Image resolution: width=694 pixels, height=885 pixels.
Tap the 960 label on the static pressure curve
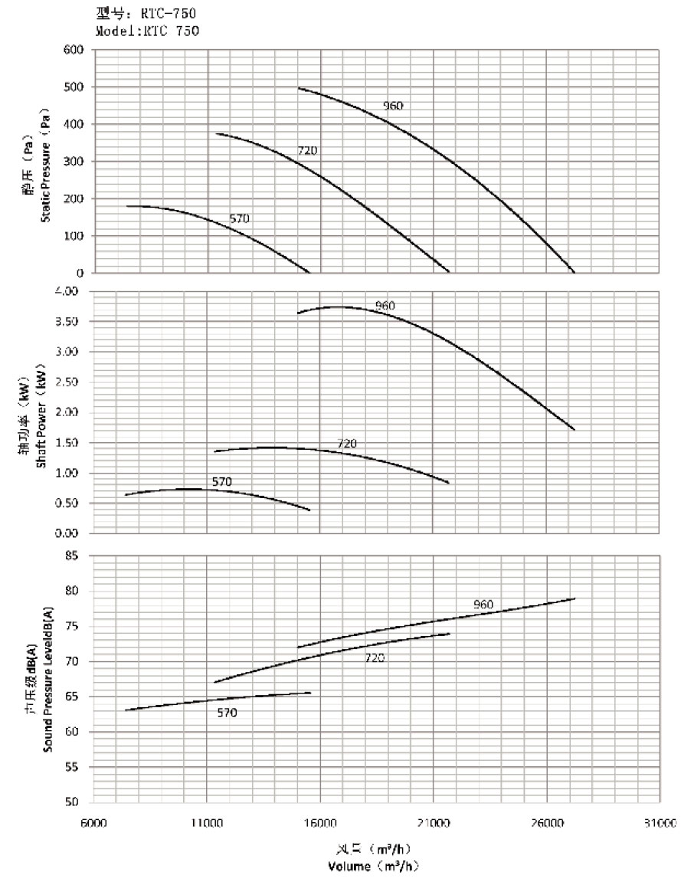393,106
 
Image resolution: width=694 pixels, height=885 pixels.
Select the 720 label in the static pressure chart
307,151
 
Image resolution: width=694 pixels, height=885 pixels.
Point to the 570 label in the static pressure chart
240,219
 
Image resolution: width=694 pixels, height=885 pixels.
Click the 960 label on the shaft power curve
385,306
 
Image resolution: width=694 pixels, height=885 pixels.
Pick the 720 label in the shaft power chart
347,444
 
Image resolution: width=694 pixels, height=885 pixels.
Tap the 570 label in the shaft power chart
222,482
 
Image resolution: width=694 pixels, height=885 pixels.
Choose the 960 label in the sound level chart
483,605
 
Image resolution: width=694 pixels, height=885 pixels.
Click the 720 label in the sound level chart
375,658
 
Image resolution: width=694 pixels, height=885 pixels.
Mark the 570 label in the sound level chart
227,713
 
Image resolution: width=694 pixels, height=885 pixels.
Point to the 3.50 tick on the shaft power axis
73,321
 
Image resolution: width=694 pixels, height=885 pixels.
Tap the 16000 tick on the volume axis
320,824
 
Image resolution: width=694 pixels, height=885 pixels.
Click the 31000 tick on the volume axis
660,824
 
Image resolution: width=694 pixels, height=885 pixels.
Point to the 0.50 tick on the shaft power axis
73,503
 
